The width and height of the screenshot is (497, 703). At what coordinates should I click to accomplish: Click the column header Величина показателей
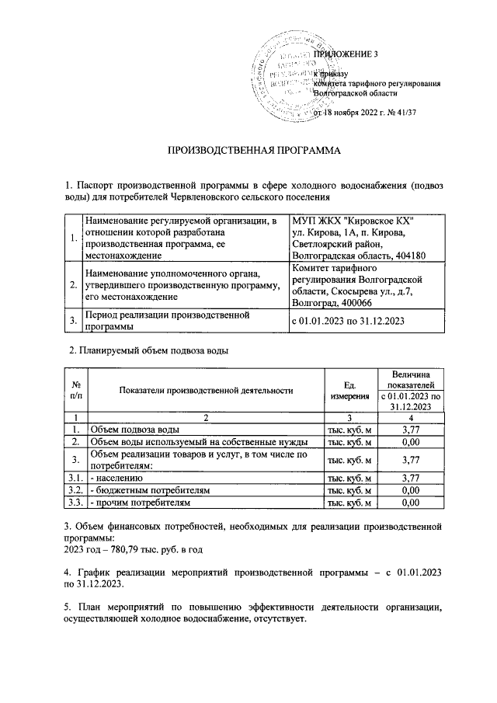412,380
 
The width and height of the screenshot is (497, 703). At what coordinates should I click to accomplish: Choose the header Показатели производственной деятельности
206,390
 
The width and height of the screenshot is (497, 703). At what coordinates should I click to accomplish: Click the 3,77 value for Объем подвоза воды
412,429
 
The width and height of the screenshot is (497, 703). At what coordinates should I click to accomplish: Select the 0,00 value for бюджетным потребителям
412,491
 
